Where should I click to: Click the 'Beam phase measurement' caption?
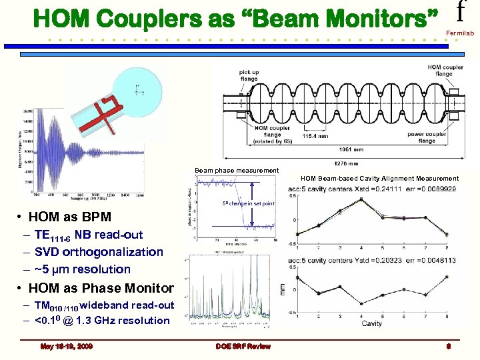[237, 171]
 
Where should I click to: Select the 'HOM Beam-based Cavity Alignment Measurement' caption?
[379, 178]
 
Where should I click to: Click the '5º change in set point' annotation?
[250, 203]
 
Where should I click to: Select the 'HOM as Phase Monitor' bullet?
[101, 288]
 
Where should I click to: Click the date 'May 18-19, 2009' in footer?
[67, 346]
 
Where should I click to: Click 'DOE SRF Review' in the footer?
[239, 346]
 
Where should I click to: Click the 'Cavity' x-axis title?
[372, 323]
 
